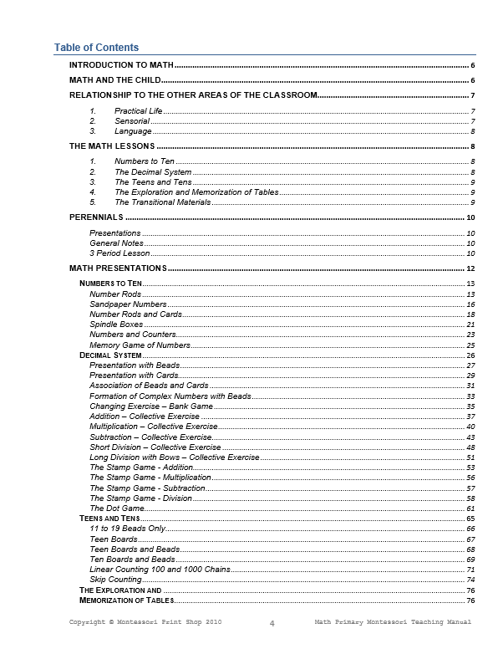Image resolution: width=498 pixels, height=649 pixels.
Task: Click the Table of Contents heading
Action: [96, 48]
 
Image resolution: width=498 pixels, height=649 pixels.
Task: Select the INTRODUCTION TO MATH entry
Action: [121, 64]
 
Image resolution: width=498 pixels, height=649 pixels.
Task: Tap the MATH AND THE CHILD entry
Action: [114, 80]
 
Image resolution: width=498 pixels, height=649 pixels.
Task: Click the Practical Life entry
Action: [138, 110]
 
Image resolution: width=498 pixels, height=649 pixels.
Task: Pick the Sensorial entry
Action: [132, 121]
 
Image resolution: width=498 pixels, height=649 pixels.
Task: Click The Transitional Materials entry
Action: [162, 202]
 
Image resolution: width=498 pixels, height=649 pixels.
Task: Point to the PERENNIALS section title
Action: [96, 217]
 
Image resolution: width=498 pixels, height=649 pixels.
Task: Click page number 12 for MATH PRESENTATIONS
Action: [471, 268]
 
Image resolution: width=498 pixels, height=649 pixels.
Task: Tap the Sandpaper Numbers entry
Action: [128, 304]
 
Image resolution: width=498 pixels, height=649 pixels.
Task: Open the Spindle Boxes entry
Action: [117, 324]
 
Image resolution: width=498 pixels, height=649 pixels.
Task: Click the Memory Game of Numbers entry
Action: [140, 345]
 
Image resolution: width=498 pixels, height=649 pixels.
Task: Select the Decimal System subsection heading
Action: [110, 355]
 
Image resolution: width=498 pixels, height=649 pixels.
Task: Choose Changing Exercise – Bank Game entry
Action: [150, 406]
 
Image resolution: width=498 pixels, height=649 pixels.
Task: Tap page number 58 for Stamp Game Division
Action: [471, 498]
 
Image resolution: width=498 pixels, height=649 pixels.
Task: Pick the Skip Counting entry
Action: [115, 580]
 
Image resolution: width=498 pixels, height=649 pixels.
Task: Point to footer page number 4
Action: [272, 623]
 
